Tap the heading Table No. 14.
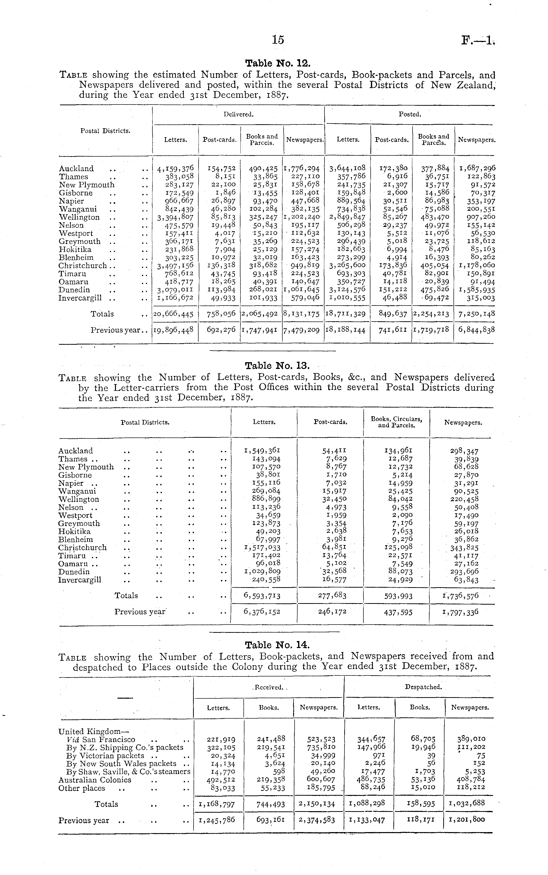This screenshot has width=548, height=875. [x=277, y=645]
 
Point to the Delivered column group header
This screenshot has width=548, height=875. [x=238, y=114]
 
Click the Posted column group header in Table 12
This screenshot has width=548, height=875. [x=410, y=114]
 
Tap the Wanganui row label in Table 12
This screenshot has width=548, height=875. [x=78, y=209]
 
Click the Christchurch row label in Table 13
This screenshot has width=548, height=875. [x=83, y=548]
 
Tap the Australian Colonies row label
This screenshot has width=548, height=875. [x=95, y=780]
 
